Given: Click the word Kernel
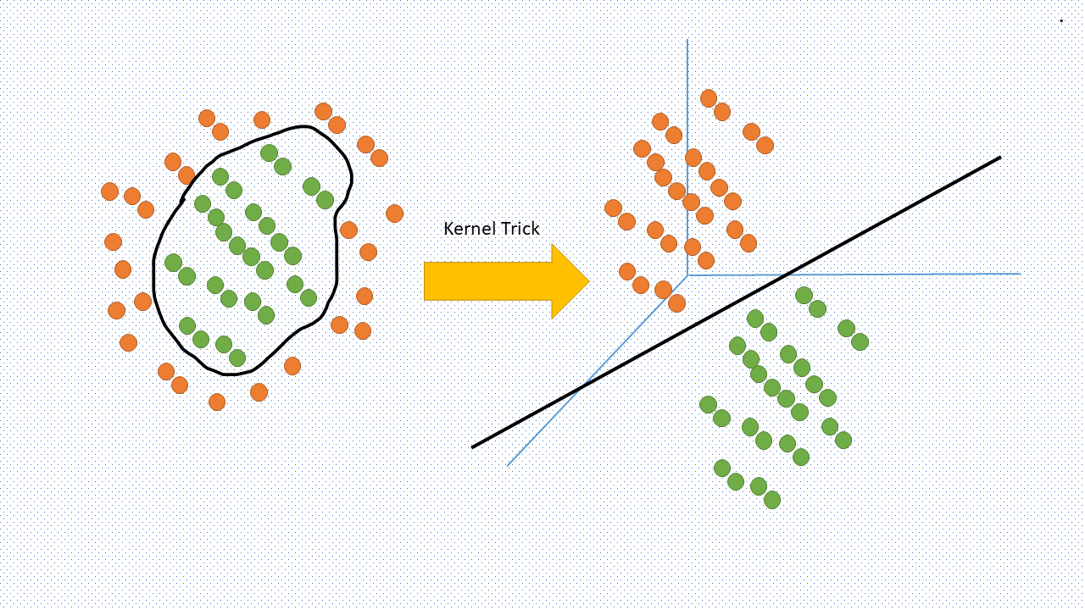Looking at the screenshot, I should tap(468, 229).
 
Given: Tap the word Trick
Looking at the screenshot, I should tap(519, 229).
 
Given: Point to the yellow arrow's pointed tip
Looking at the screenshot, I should tap(587, 281).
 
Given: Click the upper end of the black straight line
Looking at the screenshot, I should tap(999, 158).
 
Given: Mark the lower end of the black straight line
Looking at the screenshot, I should tap(473, 446).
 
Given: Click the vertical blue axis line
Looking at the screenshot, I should tap(687, 127).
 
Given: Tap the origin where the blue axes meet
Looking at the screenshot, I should tap(687, 274).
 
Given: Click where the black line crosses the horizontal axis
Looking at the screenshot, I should tap(786, 274).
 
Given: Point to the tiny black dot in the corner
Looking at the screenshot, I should tap(1060, 20).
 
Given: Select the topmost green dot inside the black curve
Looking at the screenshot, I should tap(269, 153).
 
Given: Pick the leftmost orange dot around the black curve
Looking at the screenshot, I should tap(109, 191).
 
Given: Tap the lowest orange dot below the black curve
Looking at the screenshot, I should tap(217, 402).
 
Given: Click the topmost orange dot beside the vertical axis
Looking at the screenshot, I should tap(709, 98).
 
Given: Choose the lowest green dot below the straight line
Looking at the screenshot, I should tap(771, 500).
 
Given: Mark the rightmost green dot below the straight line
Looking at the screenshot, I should tap(860, 341).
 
